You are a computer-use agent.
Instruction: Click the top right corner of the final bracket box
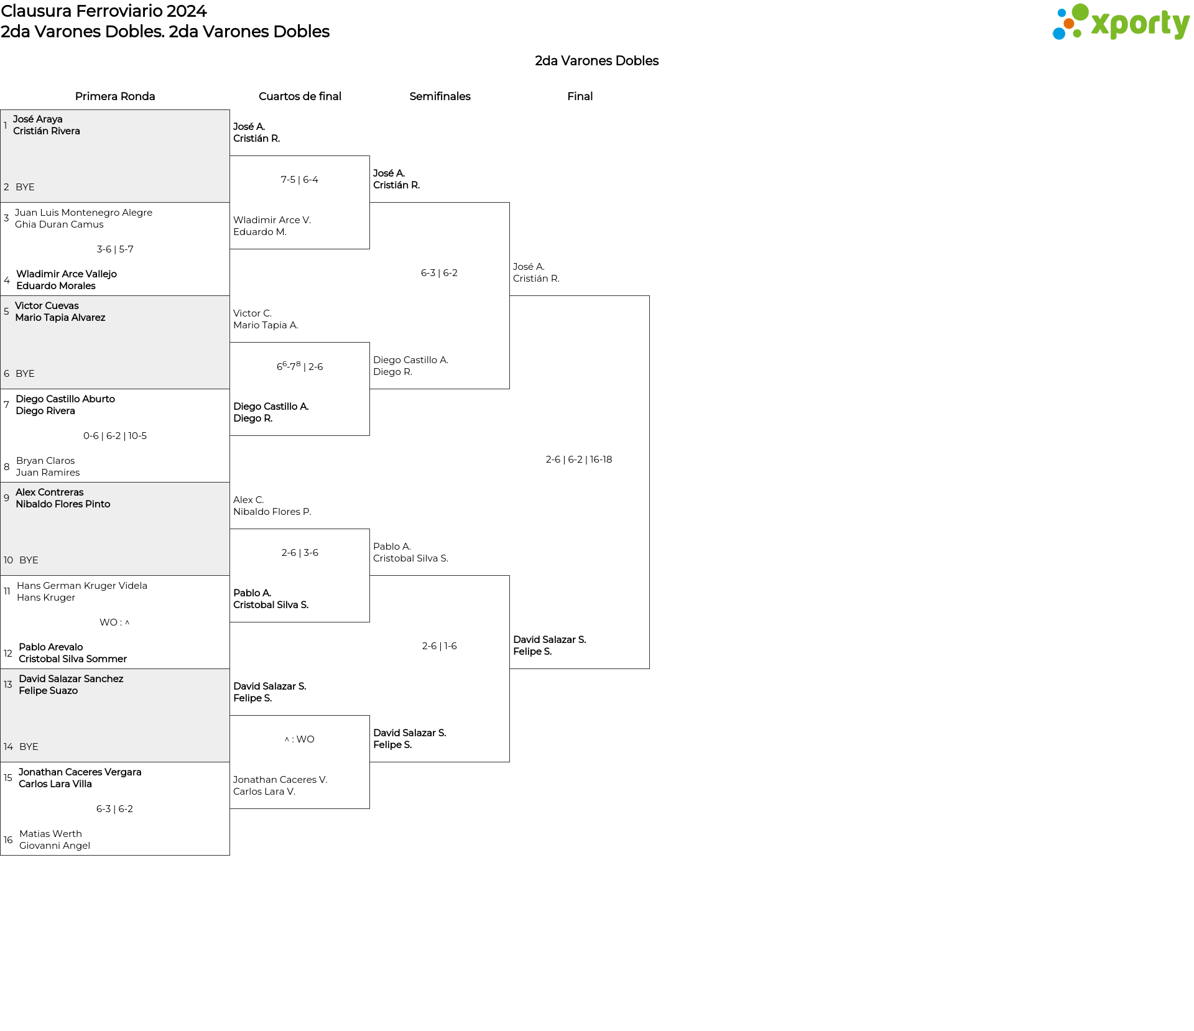pyautogui.click(x=649, y=296)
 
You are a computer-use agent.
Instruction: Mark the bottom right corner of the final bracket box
pyautogui.click(x=649, y=668)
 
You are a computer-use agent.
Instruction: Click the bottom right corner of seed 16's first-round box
pyautogui.click(x=229, y=855)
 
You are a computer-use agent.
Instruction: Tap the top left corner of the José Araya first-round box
pyautogui.click(x=1, y=111)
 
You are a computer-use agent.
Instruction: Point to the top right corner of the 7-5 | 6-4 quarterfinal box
pyautogui.click(x=369, y=156)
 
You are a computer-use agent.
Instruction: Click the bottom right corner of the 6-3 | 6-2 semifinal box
pyautogui.click(x=509, y=389)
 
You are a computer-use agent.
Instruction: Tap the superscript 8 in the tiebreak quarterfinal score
pyautogui.click(x=298, y=364)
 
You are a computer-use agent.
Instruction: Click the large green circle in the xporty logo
pyautogui.click(x=1080, y=12)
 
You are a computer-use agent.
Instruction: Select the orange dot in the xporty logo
pyautogui.click(x=1069, y=24)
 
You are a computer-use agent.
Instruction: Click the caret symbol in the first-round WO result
pyautogui.click(x=127, y=622)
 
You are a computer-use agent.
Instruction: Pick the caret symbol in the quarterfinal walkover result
pyautogui.click(x=287, y=739)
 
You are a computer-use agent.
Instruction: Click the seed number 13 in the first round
pyautogui.click(x=7, y=685)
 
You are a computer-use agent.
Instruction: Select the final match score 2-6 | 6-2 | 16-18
pyautogui.click(x=579, y=460)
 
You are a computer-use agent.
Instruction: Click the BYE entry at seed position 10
pyautogui.click(x=29, y=560)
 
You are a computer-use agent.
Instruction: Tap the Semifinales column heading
pyautogui.click(x=440, y=96)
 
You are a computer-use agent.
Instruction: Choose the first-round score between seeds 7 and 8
pyautogui.click(x=115, y=436)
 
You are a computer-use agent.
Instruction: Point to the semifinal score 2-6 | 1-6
pyautogui.click(x=440, y=646)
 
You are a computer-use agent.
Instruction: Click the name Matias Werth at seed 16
pyautogui.click(x=50, y=834)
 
